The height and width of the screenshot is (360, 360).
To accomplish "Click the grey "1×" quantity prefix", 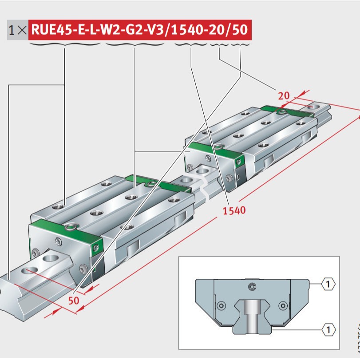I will coord(18,30).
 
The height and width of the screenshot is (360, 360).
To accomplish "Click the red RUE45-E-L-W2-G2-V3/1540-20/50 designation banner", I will coord(140,30).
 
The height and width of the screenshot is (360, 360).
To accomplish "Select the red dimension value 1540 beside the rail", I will coord(234,210).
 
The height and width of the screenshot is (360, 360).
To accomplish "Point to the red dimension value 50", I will coord(74,301).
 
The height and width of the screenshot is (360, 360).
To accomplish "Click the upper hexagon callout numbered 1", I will coord(328,283).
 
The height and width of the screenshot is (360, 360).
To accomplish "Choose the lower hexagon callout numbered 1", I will coord(328,329).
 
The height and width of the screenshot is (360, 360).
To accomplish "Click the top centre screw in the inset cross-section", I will coord(253,286).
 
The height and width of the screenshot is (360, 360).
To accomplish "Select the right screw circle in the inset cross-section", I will coord(282,305).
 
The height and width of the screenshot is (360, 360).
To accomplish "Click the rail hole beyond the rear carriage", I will coord(316,107).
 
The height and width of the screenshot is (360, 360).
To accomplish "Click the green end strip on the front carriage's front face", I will coord(97,243).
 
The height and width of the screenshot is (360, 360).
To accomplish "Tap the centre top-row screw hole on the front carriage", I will coord(131,196).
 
